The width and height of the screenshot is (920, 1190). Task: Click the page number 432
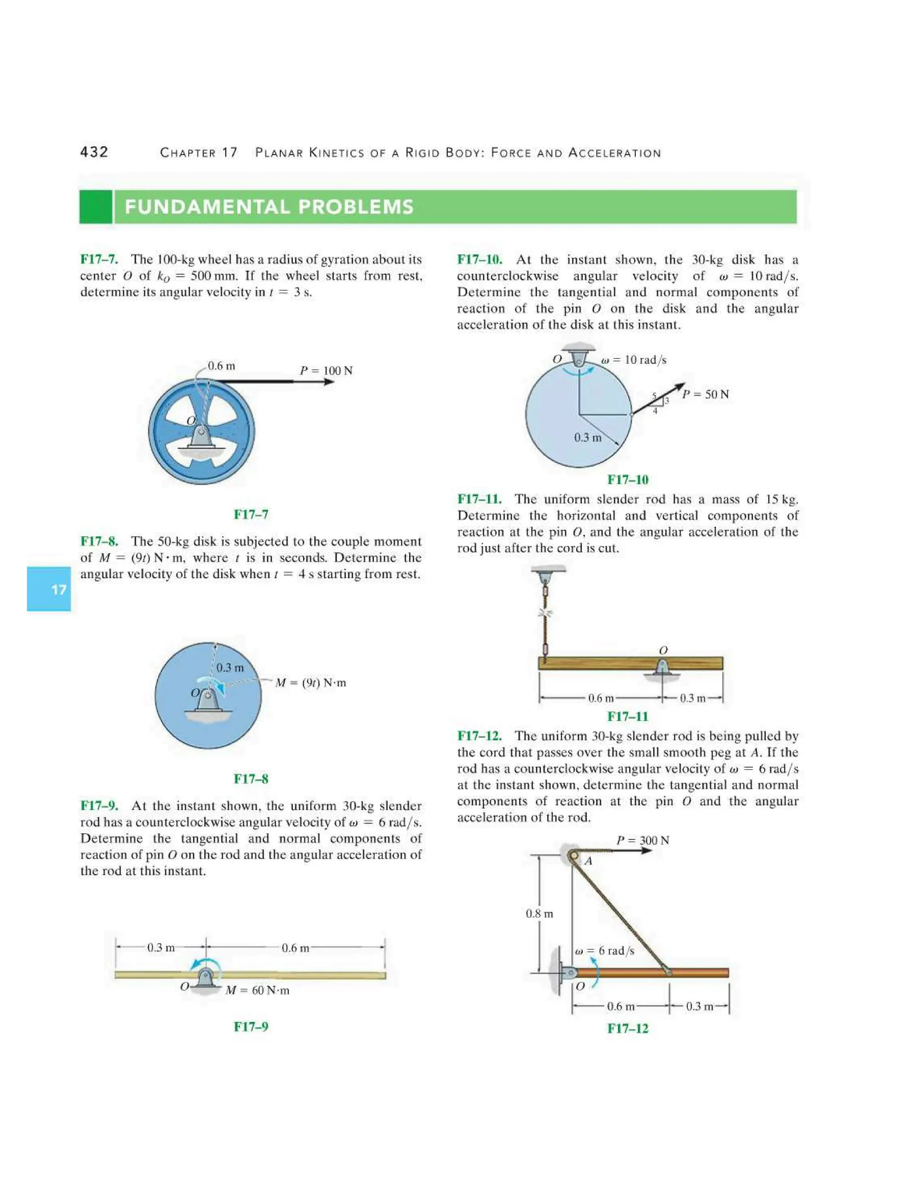click(x=94, y=152)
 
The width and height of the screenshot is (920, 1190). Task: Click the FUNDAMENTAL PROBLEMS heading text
click(x=269, y=207)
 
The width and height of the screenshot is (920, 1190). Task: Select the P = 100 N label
click(x=326, y=370)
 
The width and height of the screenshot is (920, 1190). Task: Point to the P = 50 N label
click(x=705, y=394)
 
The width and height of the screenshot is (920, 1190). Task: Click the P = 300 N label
click(x=642, y=840)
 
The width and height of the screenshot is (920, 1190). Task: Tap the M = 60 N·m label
click(x=257, y=990)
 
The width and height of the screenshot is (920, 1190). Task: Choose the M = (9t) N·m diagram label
click(x=311, y=683)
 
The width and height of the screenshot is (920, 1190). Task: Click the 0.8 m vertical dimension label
click(x=539, y=914)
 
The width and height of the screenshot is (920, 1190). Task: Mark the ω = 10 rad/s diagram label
click(x=633, y=360)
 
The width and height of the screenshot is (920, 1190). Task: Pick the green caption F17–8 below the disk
click(x=251, y=779)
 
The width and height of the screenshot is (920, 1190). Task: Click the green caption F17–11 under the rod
click(x=627, y=716)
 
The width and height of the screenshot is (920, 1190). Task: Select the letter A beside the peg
click(x=588, y=861)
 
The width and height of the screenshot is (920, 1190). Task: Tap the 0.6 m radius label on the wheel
click(x=221, y=366)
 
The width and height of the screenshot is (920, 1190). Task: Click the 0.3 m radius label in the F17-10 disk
click(x=588, y=437)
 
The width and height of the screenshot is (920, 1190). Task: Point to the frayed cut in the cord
click(x=544, y=613)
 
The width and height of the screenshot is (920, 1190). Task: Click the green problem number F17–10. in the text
click(x=479, y=260)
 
